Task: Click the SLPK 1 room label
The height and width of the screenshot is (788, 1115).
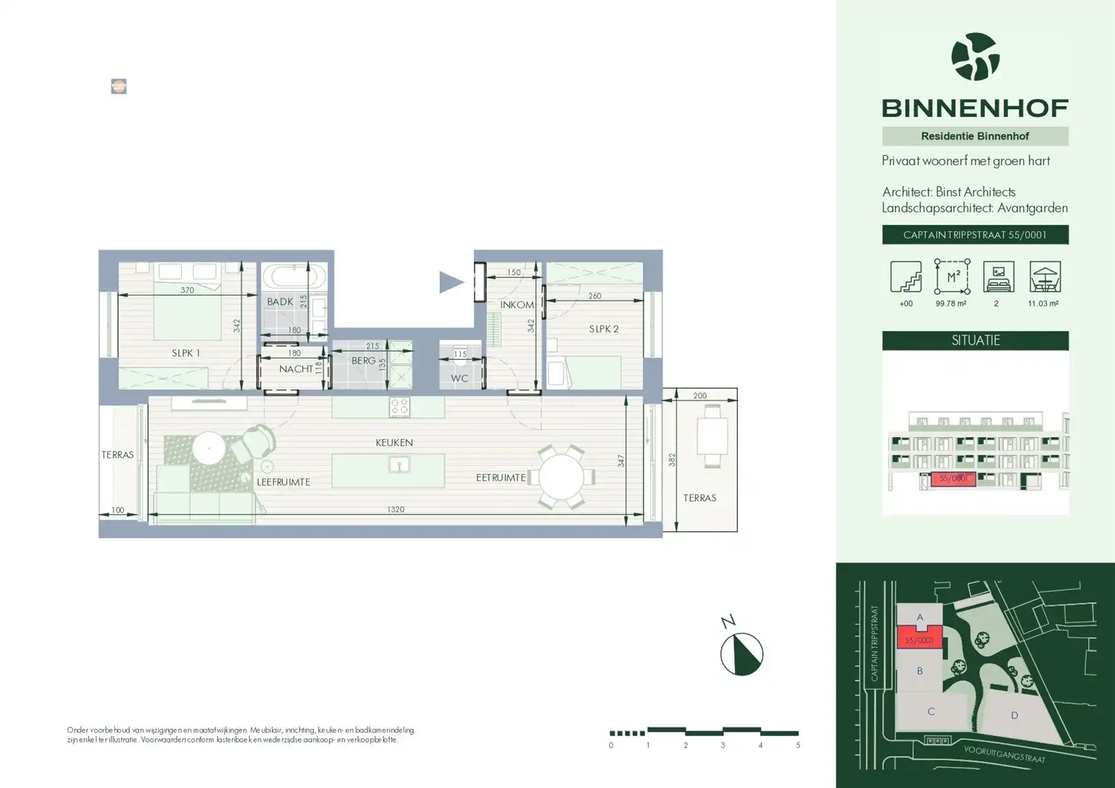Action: click(x=186, y=353)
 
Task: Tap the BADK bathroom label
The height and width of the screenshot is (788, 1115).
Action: click(x=280, y=301)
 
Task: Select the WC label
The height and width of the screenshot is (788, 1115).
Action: click(x=459, y=379)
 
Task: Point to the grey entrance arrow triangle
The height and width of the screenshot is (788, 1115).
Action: click(x=451, y=281)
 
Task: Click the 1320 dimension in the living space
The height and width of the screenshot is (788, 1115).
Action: click(x=395, y=509)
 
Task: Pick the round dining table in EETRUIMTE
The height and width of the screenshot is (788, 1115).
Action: click(x=562, y=477)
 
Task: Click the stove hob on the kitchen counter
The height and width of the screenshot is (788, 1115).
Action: click(x=400, y=407)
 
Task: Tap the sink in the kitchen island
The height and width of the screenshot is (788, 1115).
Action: click(x=399, y=465)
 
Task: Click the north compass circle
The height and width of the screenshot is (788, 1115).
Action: click(x=741, y=654)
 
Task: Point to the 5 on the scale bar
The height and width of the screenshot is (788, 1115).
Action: click(x=798, y=745)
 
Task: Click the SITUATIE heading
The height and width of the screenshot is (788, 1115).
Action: click(x=975, y=341)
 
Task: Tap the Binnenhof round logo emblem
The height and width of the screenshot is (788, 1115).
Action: click(x=975, y=57)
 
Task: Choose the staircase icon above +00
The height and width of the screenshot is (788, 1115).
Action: click(x=906, y=277)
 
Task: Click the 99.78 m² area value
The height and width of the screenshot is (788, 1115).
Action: click(x=951, y=304)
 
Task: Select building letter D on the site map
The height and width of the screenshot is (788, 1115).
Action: click(x=1014, y=716)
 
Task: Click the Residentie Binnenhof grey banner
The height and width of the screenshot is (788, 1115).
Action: click(x=975, y=136)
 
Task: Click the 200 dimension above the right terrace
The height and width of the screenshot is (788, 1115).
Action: click(x=699, y=396)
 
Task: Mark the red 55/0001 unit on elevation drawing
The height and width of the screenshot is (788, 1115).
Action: click(x=953, y=478)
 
